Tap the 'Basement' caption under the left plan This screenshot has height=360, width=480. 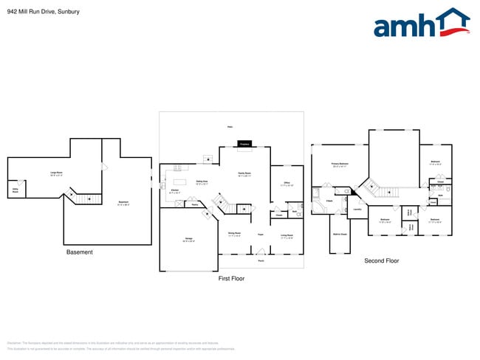80,252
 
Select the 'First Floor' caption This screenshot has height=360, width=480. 231,278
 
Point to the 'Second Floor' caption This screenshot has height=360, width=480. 381,260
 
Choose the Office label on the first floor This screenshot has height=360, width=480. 287,184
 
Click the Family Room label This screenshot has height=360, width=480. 244,174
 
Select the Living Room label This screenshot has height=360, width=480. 286,236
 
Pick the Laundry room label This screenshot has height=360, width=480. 357,209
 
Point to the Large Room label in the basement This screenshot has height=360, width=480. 55,174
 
